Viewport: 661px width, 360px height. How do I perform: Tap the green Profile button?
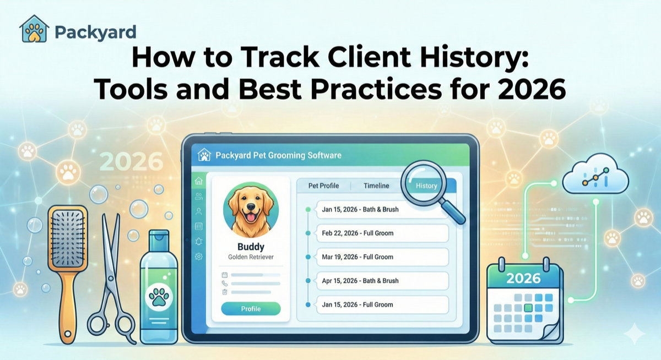pos(251,309)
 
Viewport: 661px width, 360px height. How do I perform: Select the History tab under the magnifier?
pos(427,186)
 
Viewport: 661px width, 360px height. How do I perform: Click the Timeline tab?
pos(376,186)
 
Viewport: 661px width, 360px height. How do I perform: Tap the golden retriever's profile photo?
pos(251,211)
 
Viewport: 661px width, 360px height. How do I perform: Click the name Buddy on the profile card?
pos(251,246)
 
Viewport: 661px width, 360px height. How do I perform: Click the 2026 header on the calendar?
pos(523,278)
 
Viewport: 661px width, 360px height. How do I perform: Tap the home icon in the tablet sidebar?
pos(198,182)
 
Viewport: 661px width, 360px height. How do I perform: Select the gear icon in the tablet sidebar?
pos(198,257)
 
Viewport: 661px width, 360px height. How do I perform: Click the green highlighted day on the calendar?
pos(528,308)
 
